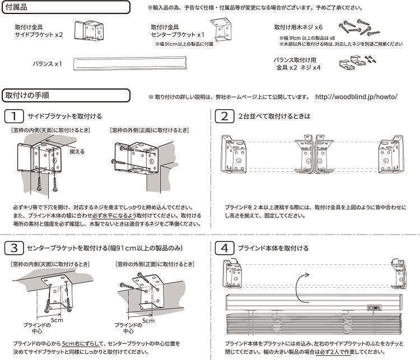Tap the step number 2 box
[224, 116]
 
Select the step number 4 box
[224, 247]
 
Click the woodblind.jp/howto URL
[356, 96]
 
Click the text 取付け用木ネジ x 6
[298, 27]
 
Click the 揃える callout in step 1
[77, 151]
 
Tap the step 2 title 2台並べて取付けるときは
[274, 116]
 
